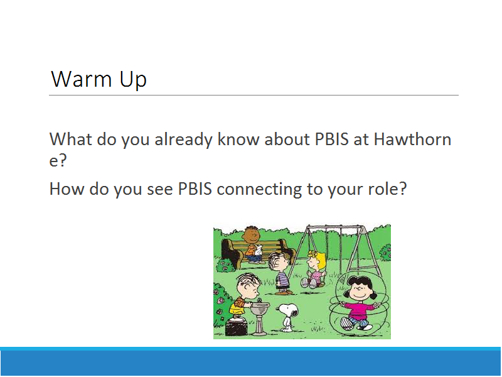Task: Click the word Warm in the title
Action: [82, 79]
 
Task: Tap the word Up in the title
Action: [133, 79]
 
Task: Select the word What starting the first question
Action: [71, 139]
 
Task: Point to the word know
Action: [238, 139]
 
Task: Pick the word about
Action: [287, 139]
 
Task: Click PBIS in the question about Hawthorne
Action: [332, 139]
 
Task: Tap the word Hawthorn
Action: [413, 139]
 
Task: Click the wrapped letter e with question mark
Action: [58, 160]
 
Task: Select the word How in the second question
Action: [67, 188]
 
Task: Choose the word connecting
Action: [259, 189]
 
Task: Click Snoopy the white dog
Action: [288, 317]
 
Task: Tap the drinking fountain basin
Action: [260, 309]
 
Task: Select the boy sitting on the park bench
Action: [253, 245]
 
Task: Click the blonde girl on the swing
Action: [313, 270]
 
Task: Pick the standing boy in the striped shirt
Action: [280, 273]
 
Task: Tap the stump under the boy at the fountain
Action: [237, 327]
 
